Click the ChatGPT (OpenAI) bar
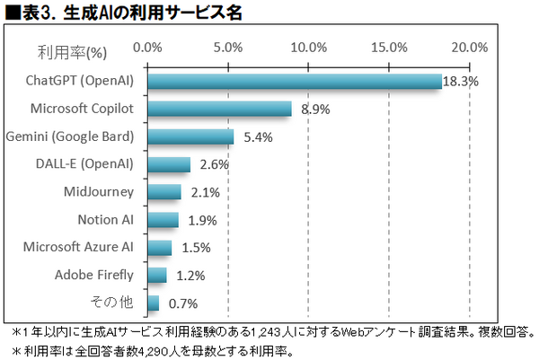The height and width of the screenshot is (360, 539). [294, 81]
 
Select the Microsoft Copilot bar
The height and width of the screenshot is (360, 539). [219, 109]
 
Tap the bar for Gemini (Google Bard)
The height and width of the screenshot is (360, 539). [190, 136]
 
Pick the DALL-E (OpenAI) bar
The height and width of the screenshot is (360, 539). [168, 164]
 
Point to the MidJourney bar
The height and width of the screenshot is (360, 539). [164, 192]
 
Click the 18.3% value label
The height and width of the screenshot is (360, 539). [461, 81]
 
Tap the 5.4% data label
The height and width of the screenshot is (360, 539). [257, 137]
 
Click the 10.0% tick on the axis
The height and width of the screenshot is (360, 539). [309, 47]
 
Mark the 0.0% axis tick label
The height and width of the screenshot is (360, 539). [147, 47]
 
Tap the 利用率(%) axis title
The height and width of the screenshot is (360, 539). [72, 48]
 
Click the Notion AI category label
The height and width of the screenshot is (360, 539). [106, 220]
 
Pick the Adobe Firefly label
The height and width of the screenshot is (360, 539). [94, 275]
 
